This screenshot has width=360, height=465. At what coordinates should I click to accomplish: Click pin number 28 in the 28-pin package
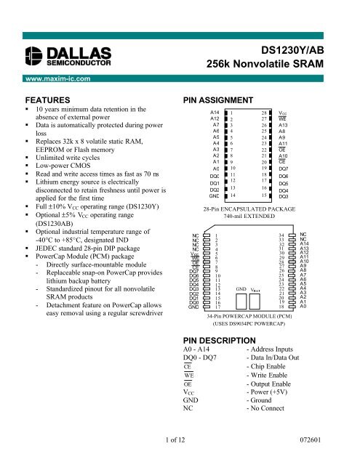(x=265, y=113)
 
